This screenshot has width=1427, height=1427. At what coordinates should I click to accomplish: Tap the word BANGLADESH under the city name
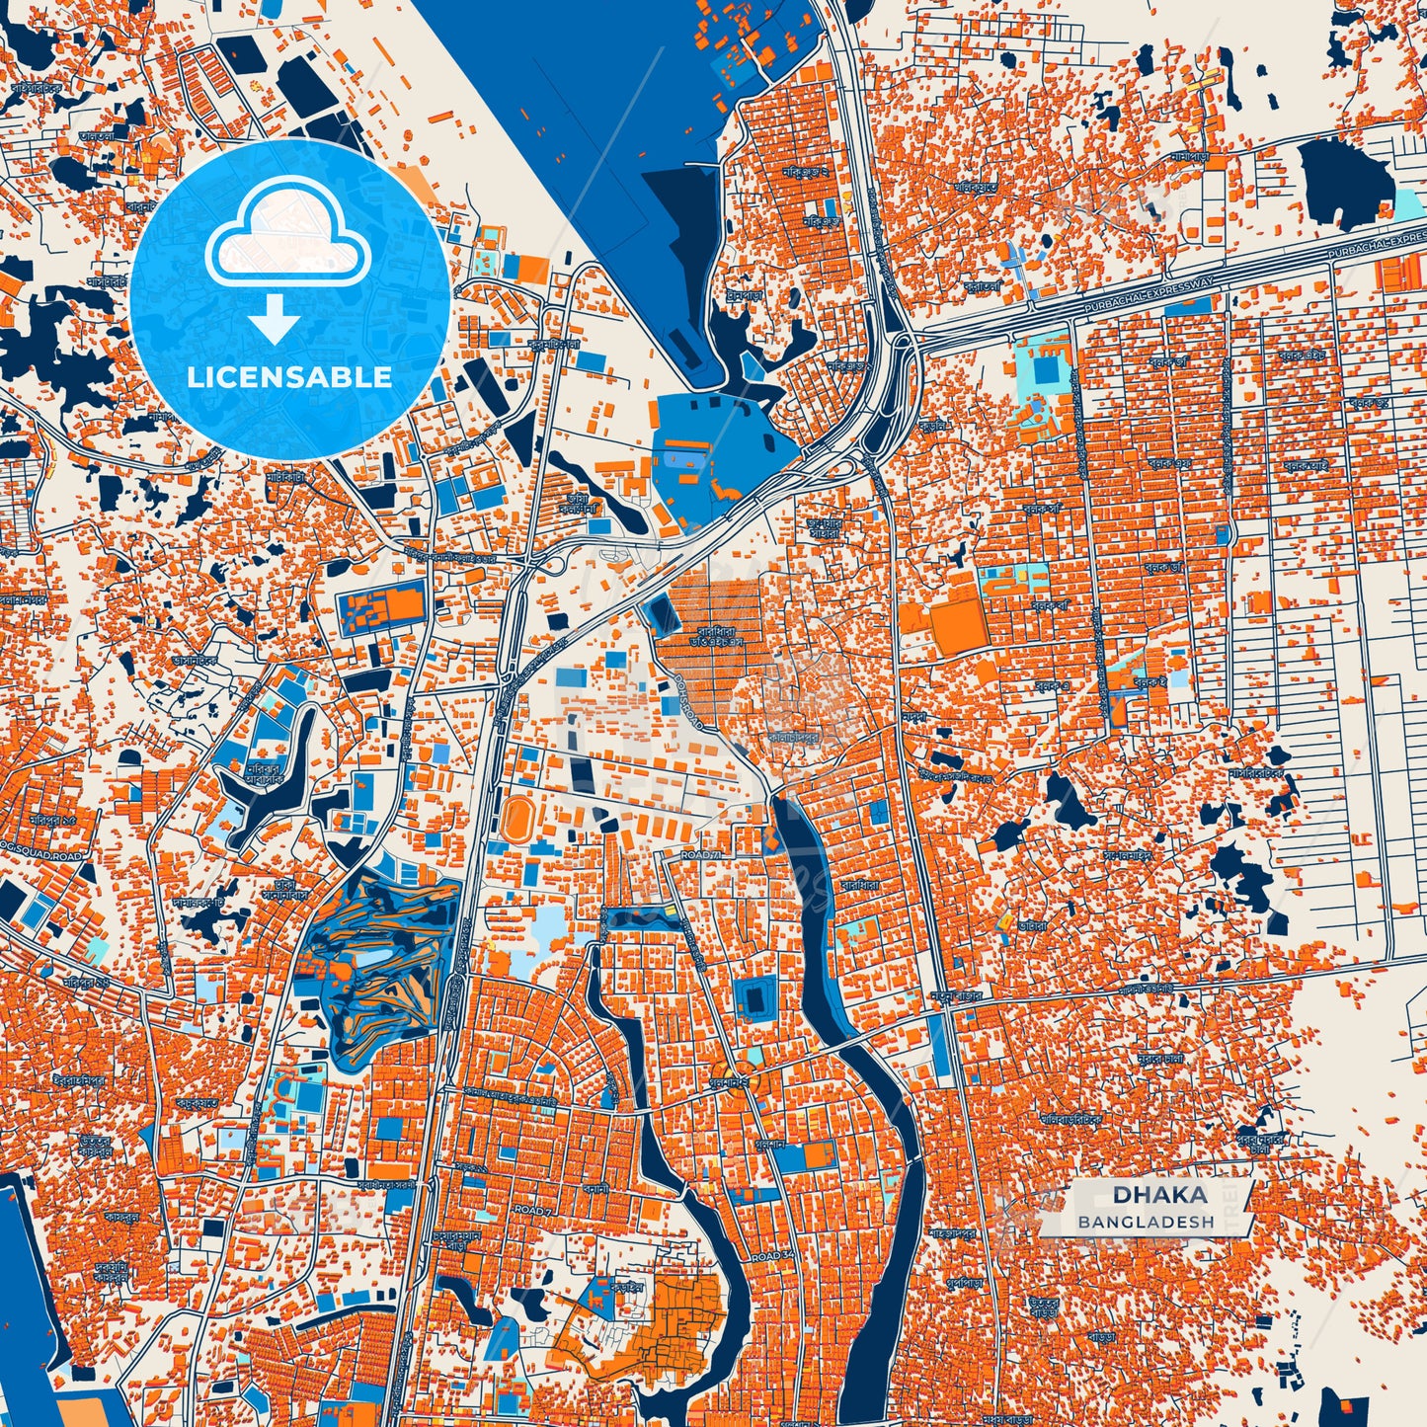[1146, 1222]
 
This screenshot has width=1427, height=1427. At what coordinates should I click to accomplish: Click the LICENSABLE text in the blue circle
[289, 377]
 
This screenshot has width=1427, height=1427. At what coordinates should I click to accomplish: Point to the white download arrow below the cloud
[275, 320]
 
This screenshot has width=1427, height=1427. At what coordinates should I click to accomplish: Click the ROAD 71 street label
[702, 854]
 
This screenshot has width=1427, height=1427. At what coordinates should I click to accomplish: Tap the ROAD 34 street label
[771, 1256]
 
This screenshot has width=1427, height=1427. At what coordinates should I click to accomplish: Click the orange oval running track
[515, 819]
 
